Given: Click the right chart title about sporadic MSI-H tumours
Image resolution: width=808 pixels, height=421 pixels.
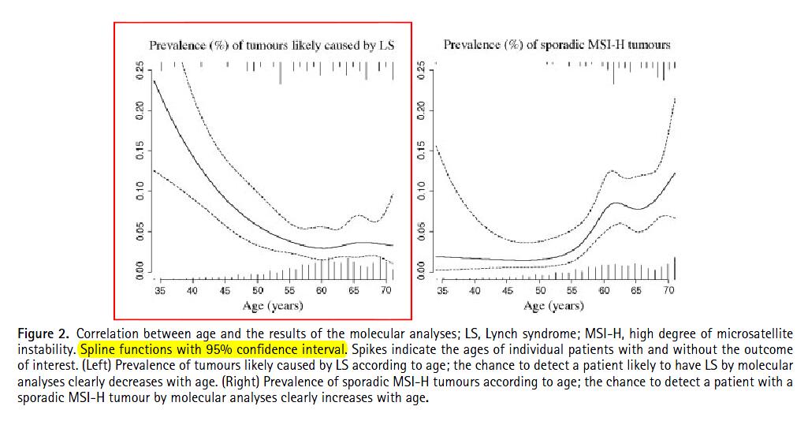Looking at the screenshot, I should point(557,45).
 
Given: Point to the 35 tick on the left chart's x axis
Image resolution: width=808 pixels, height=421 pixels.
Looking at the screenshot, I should point(160,291).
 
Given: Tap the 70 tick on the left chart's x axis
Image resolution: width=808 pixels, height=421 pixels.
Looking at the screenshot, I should point(386,291).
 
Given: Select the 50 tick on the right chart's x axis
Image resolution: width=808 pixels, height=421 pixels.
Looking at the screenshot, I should point(540,291).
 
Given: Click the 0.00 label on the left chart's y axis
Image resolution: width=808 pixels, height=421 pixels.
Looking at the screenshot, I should point(140,272).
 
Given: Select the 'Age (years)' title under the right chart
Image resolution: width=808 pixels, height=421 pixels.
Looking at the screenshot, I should point(555,305).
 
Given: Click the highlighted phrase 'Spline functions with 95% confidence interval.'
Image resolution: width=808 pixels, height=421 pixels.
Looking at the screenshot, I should point(212,348).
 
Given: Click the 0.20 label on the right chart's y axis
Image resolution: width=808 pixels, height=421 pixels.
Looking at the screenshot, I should point(423,110).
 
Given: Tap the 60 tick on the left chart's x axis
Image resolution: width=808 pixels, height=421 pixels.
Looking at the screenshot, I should point(322,291).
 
